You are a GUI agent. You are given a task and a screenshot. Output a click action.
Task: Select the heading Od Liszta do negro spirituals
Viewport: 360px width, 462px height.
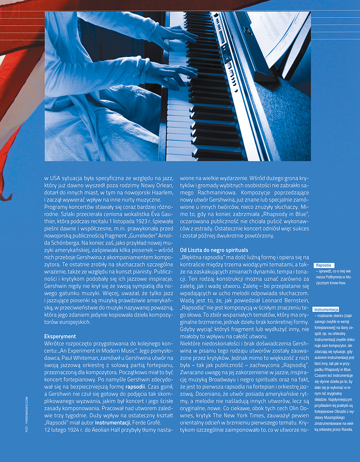click(x=214, y=249)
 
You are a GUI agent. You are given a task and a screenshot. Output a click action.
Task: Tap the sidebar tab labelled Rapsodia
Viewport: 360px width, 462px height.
click(x=324, y=265)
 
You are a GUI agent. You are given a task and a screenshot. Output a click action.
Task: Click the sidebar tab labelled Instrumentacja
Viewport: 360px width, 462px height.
click(x=326, y=310)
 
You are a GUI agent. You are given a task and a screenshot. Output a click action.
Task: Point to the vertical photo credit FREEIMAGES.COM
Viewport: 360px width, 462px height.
click(x=27, y=413)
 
